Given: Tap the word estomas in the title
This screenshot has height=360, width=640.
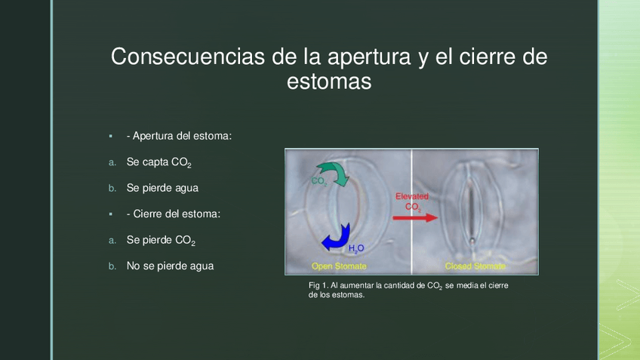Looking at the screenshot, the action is tap(329, 81).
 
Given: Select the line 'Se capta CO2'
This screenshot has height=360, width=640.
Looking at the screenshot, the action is tap(158, 162).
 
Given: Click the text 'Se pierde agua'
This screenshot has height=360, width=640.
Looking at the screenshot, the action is tap(162, 188).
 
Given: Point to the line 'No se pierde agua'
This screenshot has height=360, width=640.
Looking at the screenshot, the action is tap(170, 266).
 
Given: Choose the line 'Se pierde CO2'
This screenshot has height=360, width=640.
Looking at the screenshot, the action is tap(161, 241).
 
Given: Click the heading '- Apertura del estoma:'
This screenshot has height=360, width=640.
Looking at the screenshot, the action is tap(179, 136).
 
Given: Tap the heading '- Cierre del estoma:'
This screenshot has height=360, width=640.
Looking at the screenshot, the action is tap(174, 214).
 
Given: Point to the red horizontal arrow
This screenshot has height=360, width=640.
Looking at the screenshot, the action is tap(415, 217).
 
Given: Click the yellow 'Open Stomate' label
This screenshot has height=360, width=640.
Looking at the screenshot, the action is tap(339, 266).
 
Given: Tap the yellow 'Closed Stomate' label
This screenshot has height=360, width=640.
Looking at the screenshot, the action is tap(475, 266).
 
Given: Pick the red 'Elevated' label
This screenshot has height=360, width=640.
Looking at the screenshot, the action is tap(412, 196).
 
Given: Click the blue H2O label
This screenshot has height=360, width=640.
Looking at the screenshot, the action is tap(356, 248).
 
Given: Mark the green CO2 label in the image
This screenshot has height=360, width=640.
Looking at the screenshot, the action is tap(318, 181).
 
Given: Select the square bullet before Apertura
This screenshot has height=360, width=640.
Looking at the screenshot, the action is tap(111, 136).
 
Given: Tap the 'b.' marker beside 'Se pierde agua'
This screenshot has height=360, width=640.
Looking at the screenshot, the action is tap(112, 188).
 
